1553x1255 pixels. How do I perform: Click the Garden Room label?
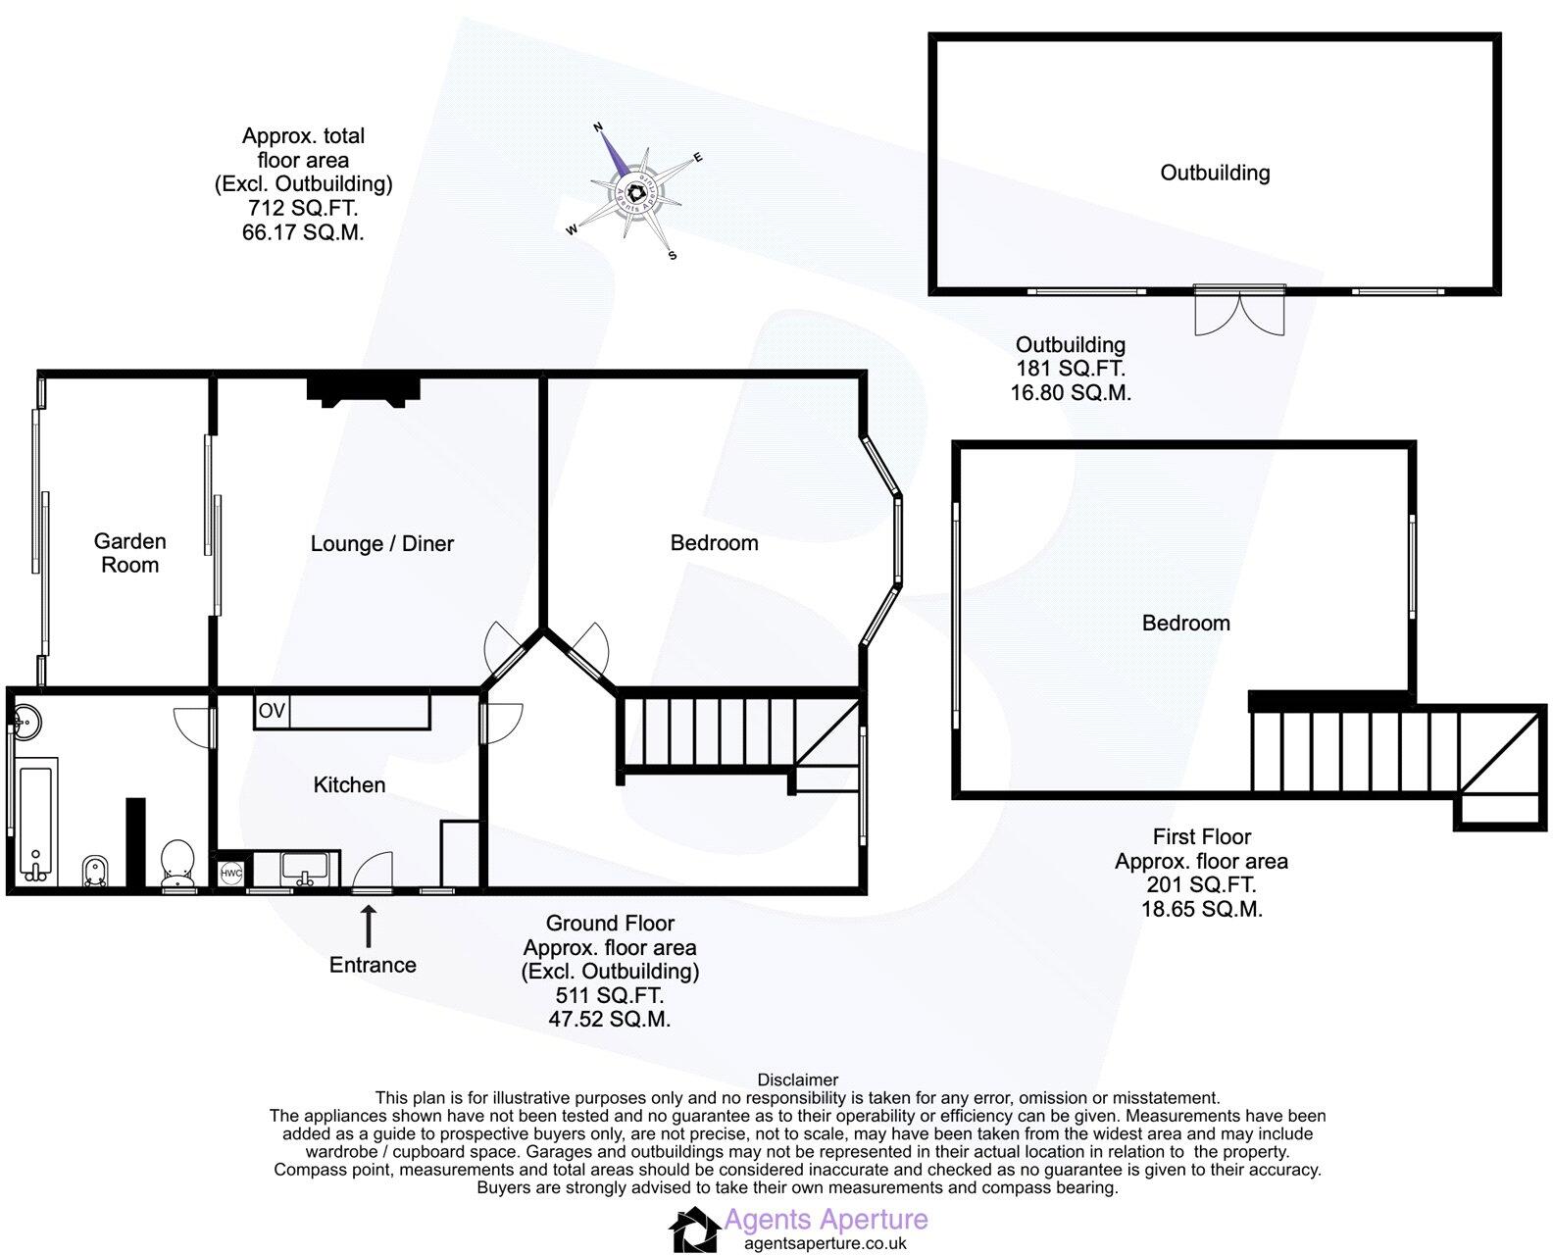[129, 553]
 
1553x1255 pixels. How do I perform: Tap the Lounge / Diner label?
[381, 543]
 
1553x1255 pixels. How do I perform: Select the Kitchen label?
[349, 784]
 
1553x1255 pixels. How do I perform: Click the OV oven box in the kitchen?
[272, 711]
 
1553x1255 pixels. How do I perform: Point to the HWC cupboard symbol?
[231, 873]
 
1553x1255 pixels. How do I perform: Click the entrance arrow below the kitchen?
[369, 926]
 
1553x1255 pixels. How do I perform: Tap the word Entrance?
[373, 965]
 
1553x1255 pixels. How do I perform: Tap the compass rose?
[635, 193]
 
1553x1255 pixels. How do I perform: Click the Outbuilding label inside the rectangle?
[1215, 173]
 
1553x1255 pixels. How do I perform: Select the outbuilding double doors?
[1239, 311]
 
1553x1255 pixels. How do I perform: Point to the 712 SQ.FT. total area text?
[302, 208]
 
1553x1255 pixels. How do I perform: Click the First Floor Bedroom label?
[1185, 623]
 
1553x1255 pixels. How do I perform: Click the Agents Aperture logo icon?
[694, 1230]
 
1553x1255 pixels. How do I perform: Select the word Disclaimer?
[798, 1080]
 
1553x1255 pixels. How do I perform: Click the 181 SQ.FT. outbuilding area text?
[1070, 369]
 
